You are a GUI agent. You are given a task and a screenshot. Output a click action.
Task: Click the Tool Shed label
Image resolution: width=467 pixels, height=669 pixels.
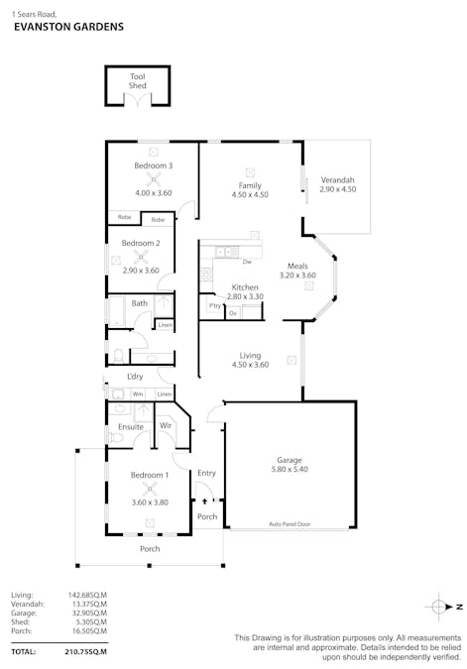click(138, 81)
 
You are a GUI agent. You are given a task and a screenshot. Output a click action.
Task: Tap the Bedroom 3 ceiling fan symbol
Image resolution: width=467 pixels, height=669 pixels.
click(154, 179)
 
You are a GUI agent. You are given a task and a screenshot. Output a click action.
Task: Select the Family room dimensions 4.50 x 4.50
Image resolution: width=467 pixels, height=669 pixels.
click(250, 195)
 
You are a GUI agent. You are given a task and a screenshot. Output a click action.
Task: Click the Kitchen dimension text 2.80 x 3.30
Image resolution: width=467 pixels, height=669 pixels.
click(244, 296)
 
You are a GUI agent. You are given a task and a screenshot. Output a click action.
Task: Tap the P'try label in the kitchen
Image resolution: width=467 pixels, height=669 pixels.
click(214, 307)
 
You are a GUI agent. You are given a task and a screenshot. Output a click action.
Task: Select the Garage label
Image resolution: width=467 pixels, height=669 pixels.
click(290, 460)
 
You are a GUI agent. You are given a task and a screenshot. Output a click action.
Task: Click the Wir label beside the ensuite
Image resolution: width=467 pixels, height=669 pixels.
click(166, 427)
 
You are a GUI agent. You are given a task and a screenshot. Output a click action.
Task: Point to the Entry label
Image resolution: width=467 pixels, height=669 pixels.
click(206, 473)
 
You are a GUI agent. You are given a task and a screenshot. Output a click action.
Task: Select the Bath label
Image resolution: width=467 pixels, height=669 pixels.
click(140, 303)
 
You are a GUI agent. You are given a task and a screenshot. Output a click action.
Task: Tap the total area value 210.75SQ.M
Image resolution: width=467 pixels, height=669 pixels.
click(85, 651)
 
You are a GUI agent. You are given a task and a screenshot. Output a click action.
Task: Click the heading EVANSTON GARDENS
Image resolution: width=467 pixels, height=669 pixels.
click(68, 28)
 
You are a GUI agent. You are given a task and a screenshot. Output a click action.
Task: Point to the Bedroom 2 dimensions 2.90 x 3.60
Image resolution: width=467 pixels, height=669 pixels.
click(140, 270)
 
